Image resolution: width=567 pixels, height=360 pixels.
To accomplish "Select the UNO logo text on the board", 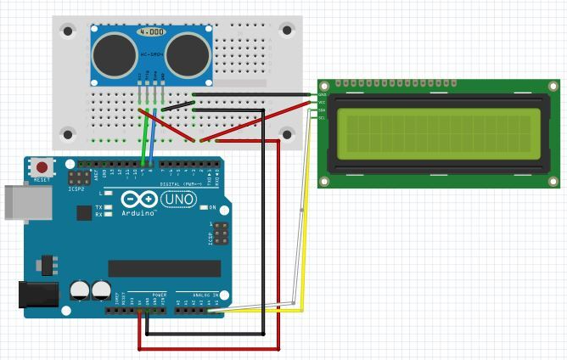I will (x=178, y=200).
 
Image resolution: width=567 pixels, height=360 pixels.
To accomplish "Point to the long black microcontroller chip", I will (x=164, y=268).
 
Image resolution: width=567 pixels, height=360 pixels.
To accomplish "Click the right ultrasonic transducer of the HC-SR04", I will (x=188, y=54).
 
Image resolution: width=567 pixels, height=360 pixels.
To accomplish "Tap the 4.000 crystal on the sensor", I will (x=151, y=31).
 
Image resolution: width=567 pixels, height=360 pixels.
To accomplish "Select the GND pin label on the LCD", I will (x=322, y=95).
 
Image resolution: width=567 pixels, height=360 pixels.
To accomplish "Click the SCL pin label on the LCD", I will (x=322, y=118).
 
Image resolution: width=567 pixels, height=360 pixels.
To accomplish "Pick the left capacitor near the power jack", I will (x=80, y=290).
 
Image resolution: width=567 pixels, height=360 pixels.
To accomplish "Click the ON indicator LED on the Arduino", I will (x=205, y=207).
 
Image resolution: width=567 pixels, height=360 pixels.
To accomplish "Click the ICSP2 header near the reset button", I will (x=81, y=179).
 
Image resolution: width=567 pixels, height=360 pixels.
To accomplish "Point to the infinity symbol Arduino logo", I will (x=135, y=200).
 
